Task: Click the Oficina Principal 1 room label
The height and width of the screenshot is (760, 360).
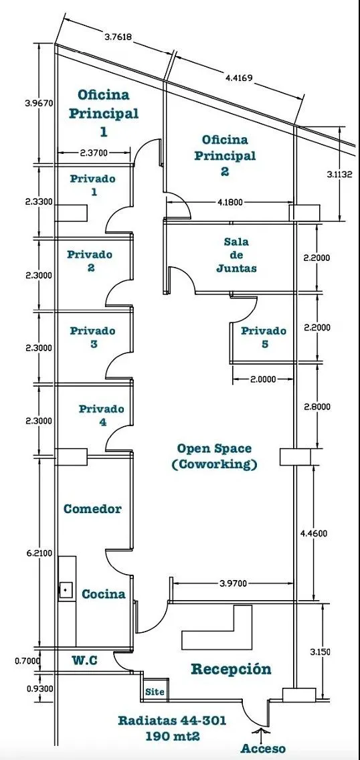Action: click(x=103, y=112)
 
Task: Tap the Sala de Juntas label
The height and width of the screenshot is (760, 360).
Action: click(x=236, y=254)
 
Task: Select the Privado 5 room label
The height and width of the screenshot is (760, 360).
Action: click(x=264, y=337)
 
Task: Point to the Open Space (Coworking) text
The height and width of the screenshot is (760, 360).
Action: click(x=214, y=456)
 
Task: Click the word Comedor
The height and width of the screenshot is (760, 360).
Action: click(x=92, y=509)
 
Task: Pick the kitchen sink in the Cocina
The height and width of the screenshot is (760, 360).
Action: click(x=66, y=590)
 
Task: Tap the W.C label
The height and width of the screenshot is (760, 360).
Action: click(x=85, y=660)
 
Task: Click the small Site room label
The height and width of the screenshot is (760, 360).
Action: click(x=155, y=692)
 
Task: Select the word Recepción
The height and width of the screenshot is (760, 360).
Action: click(x=231, y=670)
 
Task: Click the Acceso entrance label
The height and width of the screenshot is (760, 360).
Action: click(x=263, y=749)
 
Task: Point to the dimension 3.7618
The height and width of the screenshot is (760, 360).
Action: click(x=118, y=36)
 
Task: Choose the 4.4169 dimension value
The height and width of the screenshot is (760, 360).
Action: click(x=239, y=76)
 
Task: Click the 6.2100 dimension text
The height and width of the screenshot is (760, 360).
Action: click(x=39, y=553)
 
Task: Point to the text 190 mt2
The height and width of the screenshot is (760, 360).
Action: click(x=171, y=735)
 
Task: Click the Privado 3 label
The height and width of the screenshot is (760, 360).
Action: click(x=92, y=337)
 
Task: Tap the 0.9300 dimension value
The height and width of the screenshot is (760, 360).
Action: click(x=39, y=688)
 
